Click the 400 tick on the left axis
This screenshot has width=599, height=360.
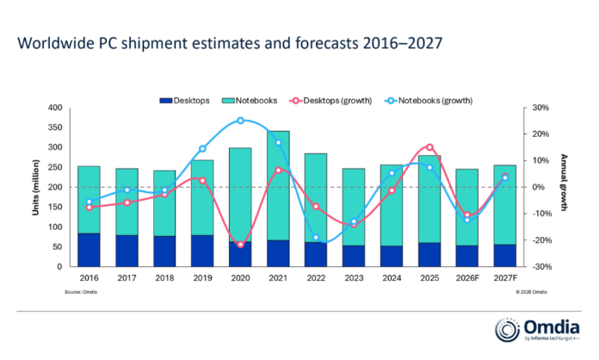pyautogui.click(x=56, y=108)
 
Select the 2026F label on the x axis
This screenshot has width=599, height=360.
pyautogui.click(x=467, y=279)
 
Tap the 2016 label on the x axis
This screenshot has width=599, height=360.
pyautogui.click(x=89, y=279)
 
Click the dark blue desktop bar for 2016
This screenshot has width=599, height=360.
pyautogui.click(x=89, y=250)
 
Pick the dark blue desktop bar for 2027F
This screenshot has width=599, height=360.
pyautogui.click(x=505, y=256)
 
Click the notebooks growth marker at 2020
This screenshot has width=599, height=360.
pyautogui.click(x=240, y=121)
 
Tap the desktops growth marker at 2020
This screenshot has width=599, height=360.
pyautogui.click(x=240, y=245)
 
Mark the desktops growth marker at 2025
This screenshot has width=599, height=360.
pyautogui.click(x=429, y=147)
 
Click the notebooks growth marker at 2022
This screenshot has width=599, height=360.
pyautogui.click(x=316, y=237)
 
